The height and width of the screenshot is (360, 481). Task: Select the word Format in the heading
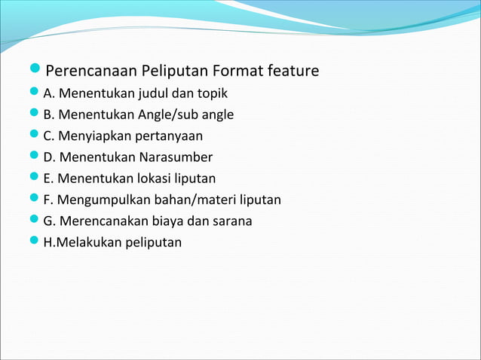click(237, 72)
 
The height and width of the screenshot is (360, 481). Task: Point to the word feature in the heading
click(293, 72)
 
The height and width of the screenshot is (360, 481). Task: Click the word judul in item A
click(153, 94)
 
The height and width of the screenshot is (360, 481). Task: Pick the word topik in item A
click(213, 94)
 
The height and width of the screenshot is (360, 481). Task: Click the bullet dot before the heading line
click(37, 72)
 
